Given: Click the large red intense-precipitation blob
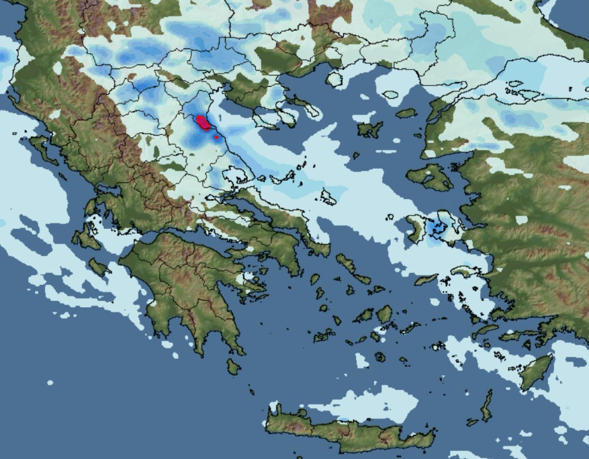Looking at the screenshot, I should coord(202,122).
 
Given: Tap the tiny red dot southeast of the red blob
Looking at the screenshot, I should coord(216,137).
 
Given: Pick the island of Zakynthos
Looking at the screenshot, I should coord(99,267).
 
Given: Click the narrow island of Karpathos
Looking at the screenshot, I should coord(486,405).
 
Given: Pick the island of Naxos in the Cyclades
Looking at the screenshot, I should coord(384,314).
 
